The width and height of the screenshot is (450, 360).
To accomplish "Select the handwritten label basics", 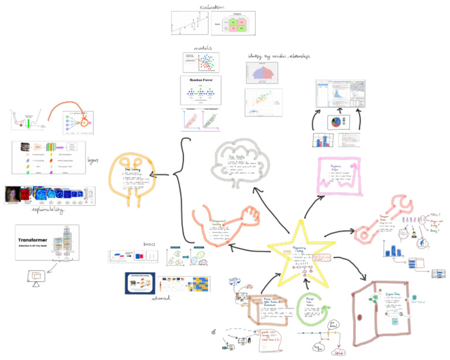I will coord(152,244).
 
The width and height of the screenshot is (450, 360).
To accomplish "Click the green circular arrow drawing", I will coord(316,305).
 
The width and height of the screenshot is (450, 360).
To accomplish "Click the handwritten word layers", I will coord(92,159).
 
